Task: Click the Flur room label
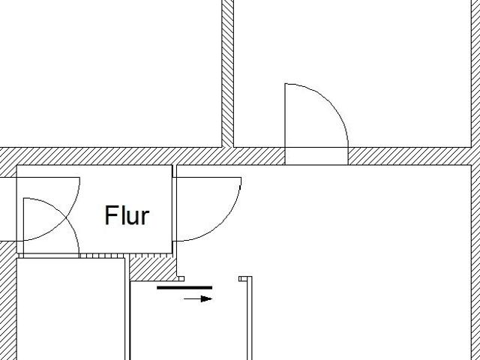pos(127,215)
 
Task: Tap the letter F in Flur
pos(111,215)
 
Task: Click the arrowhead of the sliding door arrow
pos(206,298)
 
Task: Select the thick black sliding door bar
pos(184,287)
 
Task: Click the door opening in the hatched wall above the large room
pos(316,156)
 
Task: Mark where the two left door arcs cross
pos(66,217)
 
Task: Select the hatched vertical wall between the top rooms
pos(227,73)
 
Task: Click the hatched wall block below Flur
pos(151,268)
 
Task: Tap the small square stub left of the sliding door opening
pos(181,278)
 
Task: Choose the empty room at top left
pos(110,73)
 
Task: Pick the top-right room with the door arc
pos(352,73)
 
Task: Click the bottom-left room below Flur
pos(70,309)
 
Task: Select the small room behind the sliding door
pos(188,322)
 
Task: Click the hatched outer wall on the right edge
pos(475,180)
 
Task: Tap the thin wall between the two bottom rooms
pos(127,309)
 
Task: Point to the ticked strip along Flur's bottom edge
pos(95,256)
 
